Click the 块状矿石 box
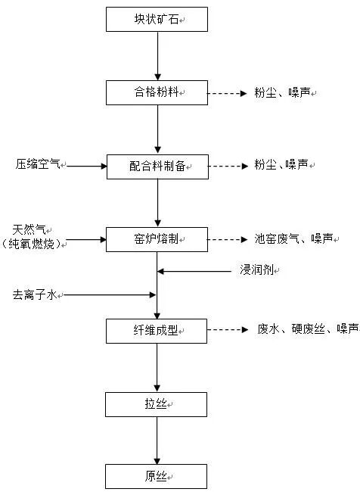(157, 19)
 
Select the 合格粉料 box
(157, 92)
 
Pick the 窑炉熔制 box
(157, 239)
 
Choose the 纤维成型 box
(157, 329)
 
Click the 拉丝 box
(157, 404)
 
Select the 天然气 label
(29, 229)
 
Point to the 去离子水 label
(35, 294)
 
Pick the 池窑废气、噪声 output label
(292, 239)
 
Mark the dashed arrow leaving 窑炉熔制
(227, 240)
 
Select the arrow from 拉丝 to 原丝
(157, 440)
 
